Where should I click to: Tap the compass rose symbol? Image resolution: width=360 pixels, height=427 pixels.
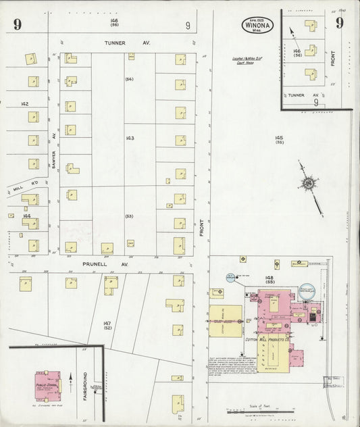(x=308, y=183)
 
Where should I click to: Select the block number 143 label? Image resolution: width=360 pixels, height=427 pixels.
(x=130, y=138)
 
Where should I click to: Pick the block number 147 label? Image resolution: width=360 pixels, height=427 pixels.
(x=107, y=326)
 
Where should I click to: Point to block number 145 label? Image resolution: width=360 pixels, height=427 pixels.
(x=279, y=139)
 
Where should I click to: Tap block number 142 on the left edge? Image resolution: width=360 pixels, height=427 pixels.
(x=25, y=103)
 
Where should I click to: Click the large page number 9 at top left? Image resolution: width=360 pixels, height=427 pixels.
(x=16, y=26)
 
